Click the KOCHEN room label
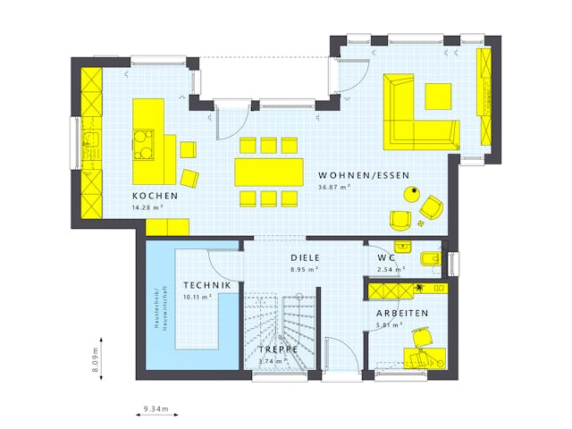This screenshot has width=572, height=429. pos(156,196)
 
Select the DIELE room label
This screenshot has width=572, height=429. pos(305,257)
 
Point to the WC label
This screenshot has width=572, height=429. pos(386,257)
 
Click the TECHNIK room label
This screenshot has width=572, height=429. pos(207,285)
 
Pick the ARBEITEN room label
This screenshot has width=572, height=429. pos(401,314)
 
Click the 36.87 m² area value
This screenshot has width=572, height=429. pos(333,188)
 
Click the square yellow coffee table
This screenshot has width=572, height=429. pos(438,96)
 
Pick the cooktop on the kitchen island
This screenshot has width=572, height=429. pos(143,142)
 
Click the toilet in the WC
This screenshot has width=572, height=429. pos(429,260)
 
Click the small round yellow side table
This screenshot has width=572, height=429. pos(413,192)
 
